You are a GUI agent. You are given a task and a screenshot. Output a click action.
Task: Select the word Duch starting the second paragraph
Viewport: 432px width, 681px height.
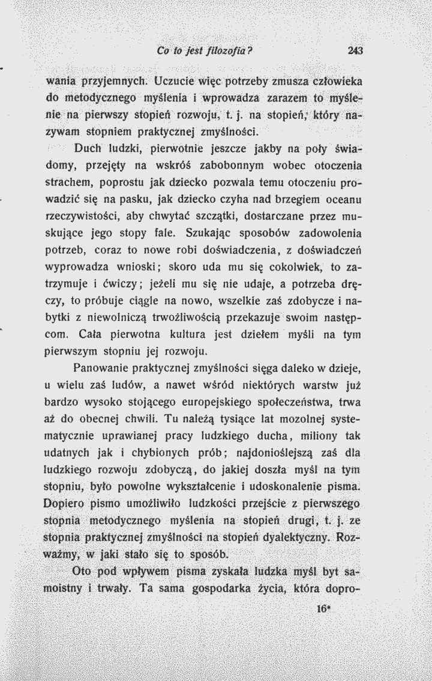87,147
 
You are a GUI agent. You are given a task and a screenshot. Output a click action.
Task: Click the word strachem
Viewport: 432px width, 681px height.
68,181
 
